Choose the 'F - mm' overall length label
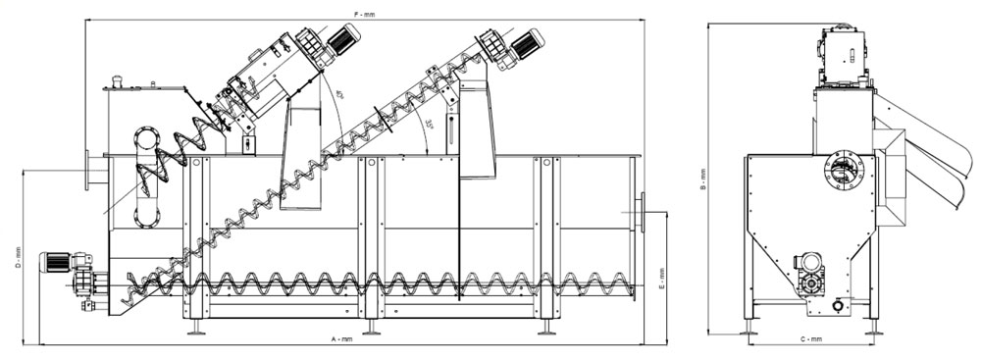364,14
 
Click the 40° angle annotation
339,96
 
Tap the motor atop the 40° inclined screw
341,40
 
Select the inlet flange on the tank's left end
91,169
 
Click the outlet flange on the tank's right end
640,208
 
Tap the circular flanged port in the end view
840,173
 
